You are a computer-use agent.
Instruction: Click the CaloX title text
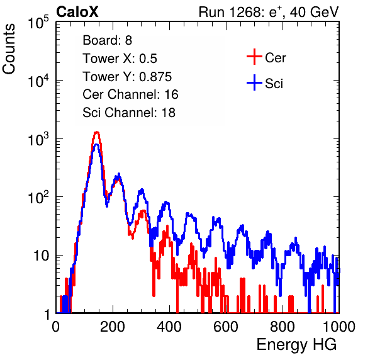(77, 12)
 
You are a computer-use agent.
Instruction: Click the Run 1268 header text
(269, 12)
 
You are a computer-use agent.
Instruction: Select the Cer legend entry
(266, 57)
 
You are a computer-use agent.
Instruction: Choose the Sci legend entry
(265, 83)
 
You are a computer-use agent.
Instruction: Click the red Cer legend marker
(254, 57)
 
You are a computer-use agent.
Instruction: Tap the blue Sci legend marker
(254, 83)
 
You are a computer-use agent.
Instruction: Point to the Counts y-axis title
(9, 49)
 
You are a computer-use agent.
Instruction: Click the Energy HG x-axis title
(296, 345)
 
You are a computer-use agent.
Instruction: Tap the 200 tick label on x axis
(113, 327)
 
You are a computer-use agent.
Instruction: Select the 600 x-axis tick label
(226, 327)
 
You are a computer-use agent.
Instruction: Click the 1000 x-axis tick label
(339, 327)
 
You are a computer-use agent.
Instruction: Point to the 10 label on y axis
(41, 256)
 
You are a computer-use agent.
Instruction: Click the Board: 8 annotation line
(107, 40)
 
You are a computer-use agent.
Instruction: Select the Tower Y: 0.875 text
(127, 77)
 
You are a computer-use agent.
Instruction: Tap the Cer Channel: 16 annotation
(130, 94)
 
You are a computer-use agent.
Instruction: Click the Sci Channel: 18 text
(129, 113)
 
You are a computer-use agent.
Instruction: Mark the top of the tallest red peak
(97, 132)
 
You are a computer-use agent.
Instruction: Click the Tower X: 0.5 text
(120, 59)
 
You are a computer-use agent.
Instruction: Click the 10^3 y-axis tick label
(38, 139)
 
